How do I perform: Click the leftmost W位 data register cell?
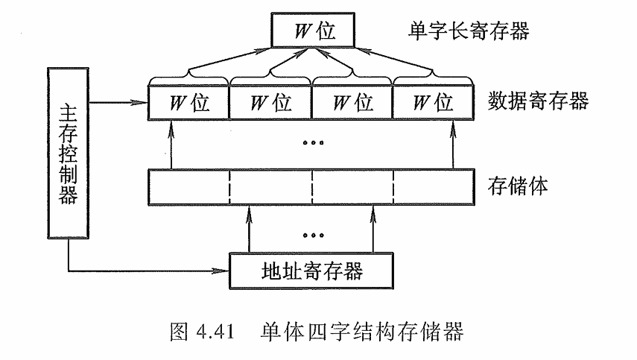[188, 101]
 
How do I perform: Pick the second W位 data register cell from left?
[270, 101]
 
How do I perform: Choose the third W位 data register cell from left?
[352, 101]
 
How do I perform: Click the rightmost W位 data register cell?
[433, 101]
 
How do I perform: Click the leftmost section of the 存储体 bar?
[188, 186]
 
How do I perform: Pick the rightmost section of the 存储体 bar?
[434, 186]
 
